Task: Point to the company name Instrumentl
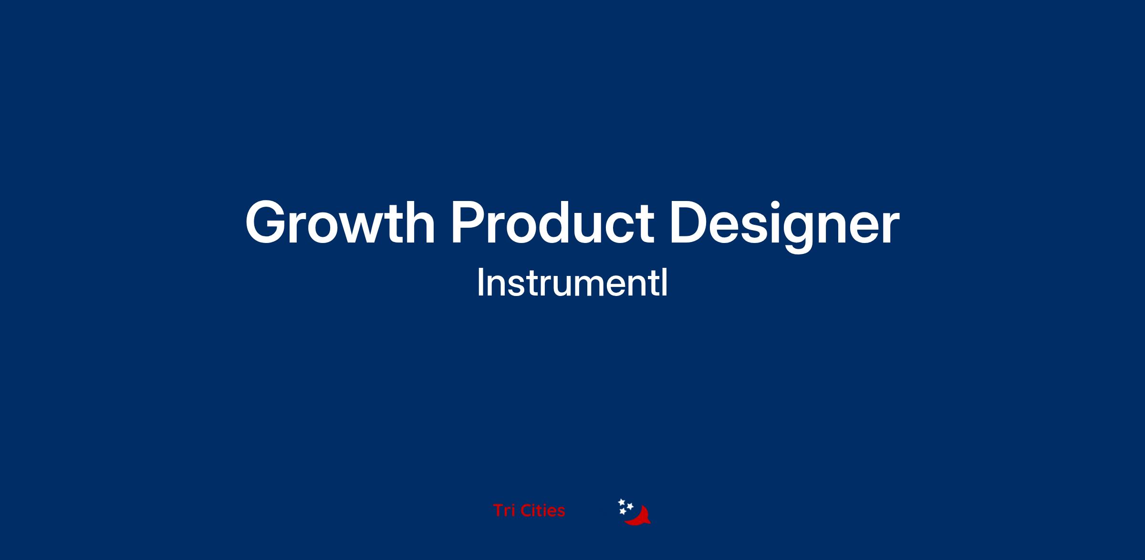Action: pos(572,283)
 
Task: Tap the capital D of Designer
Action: pos(690,222)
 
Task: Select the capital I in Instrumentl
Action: pos(480,283)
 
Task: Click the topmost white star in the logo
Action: pos(622,502)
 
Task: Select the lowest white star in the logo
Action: pos(623,512)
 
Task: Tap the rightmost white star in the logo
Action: pos(630,506)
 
